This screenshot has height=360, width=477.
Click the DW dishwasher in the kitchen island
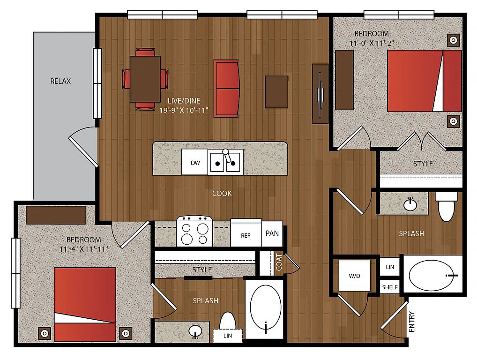click(195, 162)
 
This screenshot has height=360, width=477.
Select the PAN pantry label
click(272, 233)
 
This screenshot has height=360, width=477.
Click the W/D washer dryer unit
click(354, 276)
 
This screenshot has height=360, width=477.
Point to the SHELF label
click(390, 287)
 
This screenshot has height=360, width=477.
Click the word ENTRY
click(411, 322)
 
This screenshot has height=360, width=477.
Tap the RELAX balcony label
click(60, 81)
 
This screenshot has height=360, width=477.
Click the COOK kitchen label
click(222, 193)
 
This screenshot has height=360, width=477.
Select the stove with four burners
click(195, 231)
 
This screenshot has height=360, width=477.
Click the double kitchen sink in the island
click(225, 162)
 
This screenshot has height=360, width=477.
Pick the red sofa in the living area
click(226, 88)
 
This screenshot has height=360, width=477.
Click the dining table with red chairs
click(145, 79)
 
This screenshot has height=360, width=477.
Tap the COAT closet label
click(279, 262)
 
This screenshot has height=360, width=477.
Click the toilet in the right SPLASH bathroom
click(446, 206)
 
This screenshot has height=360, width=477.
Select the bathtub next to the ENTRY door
click(432, 276)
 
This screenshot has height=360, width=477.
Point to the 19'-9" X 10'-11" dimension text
click(184, 110)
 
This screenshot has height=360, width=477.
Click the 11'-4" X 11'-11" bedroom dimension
click(84, 249)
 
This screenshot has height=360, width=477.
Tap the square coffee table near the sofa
click(276, 92)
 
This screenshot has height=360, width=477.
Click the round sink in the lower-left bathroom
click(195, 331)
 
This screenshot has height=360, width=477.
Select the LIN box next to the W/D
click(390, 267)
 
